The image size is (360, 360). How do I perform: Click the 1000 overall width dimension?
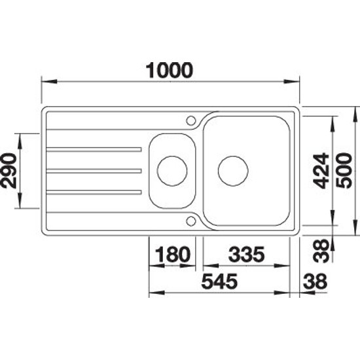[170, 70]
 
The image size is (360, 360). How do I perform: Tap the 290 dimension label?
[9, 171]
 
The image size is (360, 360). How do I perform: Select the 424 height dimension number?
[321, 171]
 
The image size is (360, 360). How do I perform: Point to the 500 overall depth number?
[344, 171]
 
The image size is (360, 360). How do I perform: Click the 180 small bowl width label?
[173, 255]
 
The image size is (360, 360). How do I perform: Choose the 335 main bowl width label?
[247, 255]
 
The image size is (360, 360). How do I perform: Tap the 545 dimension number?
[219, 281]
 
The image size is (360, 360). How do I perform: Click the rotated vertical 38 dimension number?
[321, 251]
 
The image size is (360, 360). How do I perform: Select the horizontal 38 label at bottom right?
[315, 281]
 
